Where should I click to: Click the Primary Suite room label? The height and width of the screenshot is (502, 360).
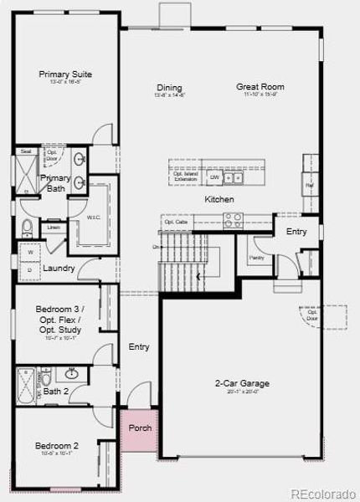point(65,74)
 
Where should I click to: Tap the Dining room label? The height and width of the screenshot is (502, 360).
point(168,88)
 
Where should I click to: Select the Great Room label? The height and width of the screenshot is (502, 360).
point(260,87)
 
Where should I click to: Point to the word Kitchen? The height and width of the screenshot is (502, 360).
point(219,200)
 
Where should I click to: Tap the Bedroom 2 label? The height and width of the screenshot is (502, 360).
point(57,446)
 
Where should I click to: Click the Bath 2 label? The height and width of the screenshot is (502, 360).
point(55,391)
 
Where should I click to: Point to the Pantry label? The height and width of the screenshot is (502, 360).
point(256,258)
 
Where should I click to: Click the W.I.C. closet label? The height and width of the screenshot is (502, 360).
point(94,217)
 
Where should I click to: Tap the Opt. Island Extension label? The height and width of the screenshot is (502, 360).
point(185,177)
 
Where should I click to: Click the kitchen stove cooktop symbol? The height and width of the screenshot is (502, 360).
point(233,220)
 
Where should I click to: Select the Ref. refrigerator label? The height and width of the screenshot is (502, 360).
point(309,185)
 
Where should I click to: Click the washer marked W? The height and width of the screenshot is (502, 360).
point(31,251)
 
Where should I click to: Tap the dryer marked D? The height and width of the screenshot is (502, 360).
point(31,269)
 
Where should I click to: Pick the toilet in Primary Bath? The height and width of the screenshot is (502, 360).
point(27,228)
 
